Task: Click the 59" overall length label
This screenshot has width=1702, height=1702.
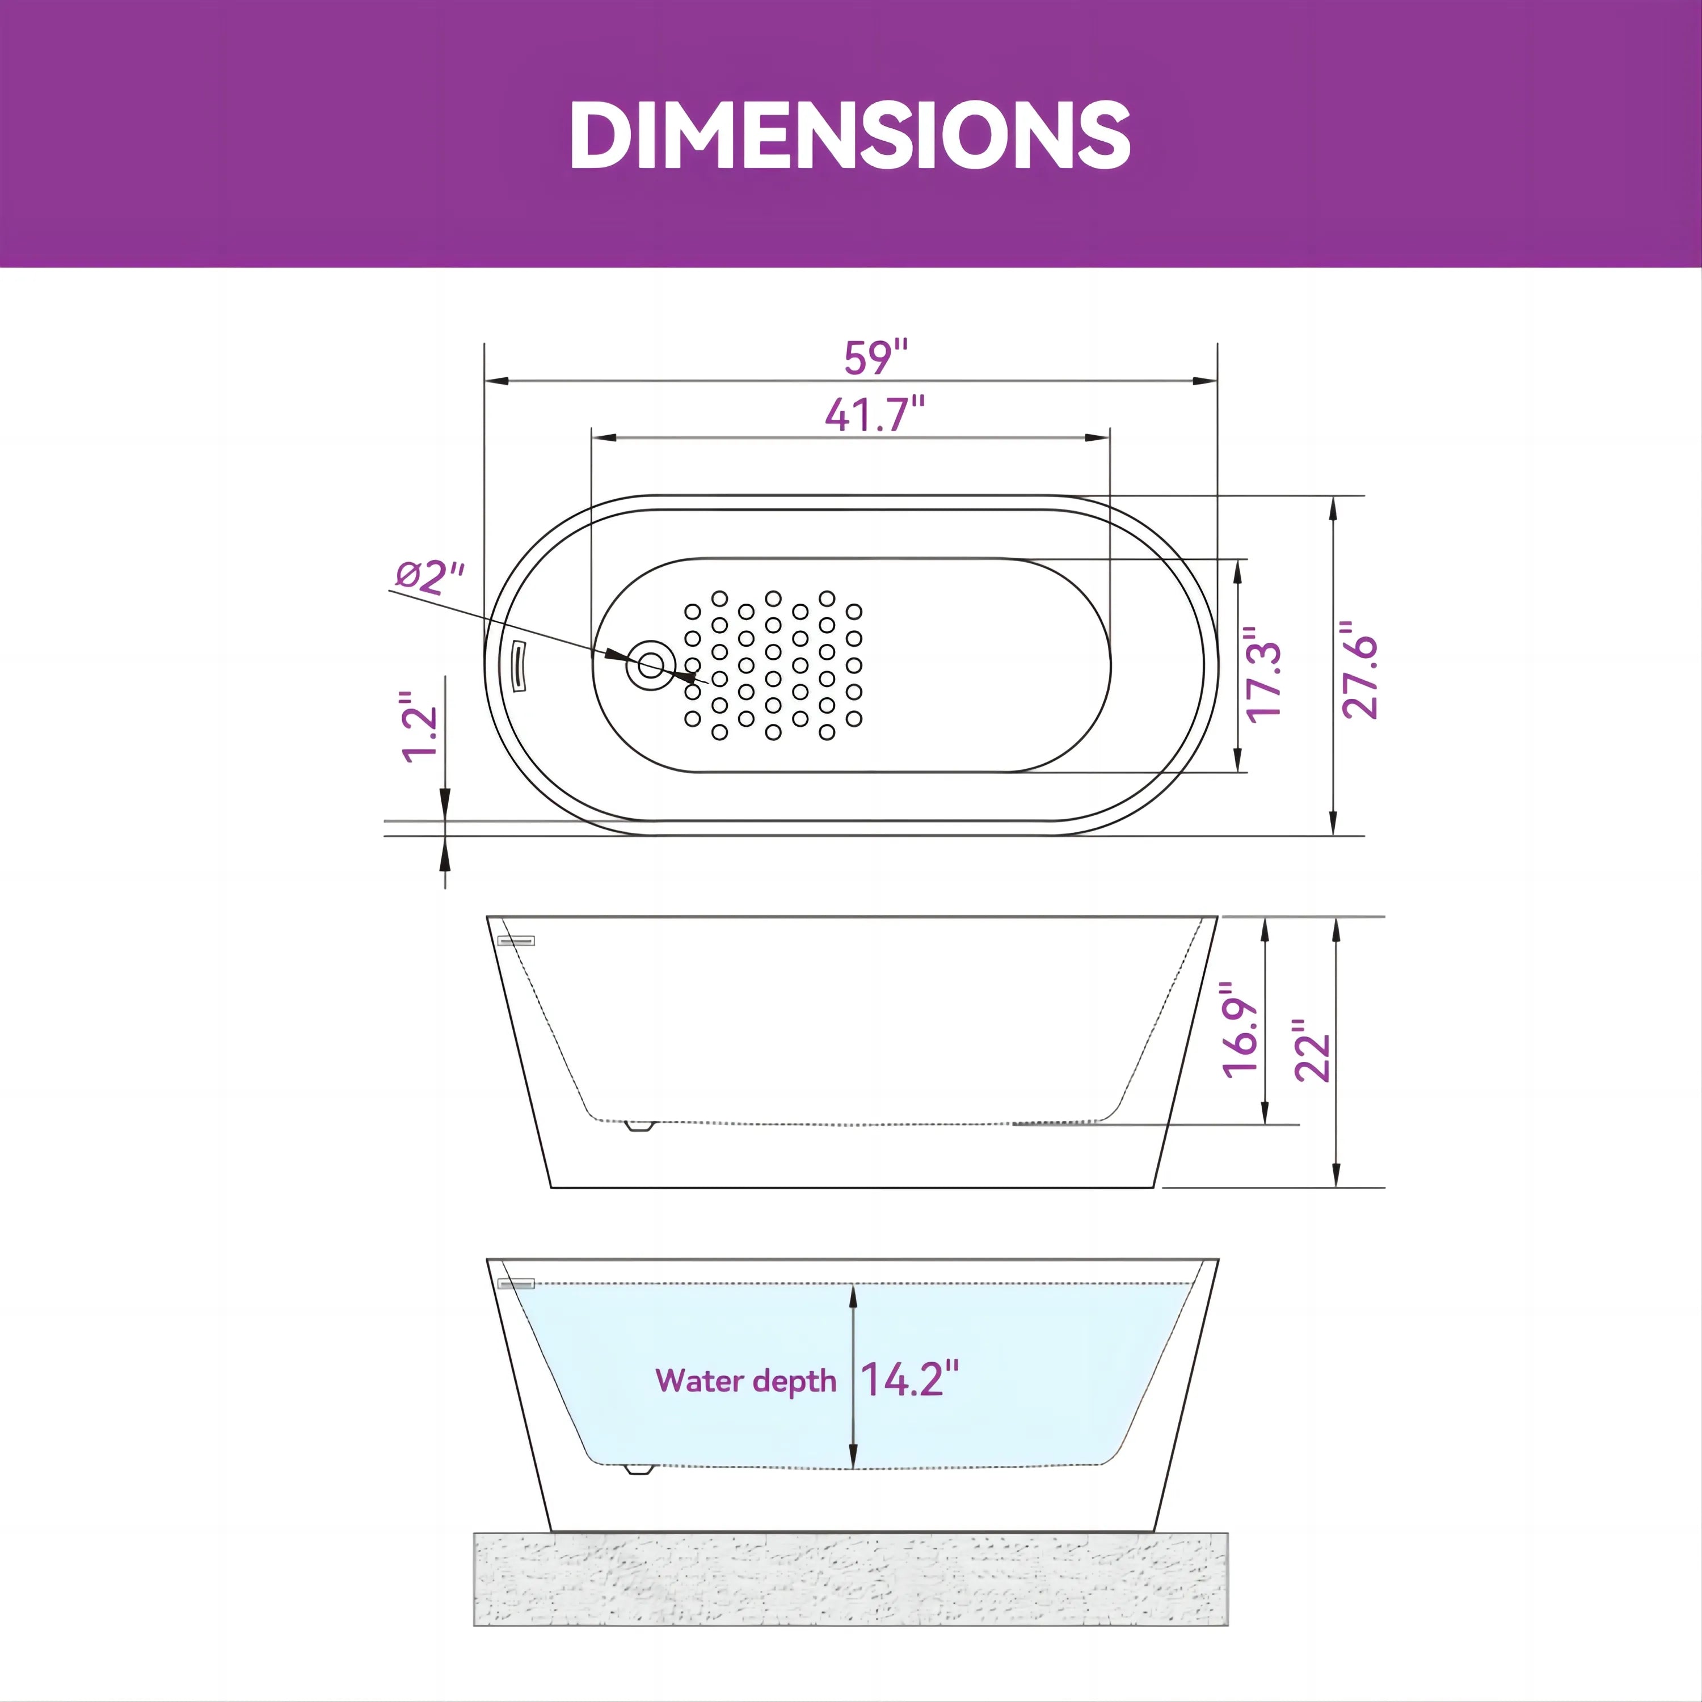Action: pos(875,357)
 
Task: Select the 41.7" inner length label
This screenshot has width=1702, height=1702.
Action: pos(875,414)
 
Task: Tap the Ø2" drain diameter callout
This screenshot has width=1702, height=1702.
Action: pos(429,577)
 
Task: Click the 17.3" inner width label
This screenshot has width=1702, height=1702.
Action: pos(1263,674)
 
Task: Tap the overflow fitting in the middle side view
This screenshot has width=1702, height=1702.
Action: pos(516,941)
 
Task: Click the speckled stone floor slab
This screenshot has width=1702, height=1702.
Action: pos(850,1578)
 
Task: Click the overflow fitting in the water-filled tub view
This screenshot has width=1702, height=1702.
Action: pos(516,1283)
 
